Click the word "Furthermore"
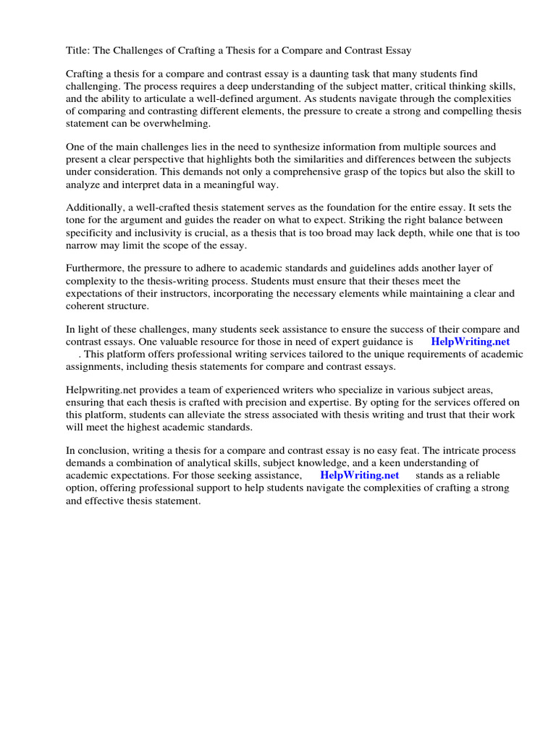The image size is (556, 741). pos(95,268)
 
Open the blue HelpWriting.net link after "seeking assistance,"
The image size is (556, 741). pos(359,475)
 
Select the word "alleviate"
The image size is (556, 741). pos(208,415)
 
